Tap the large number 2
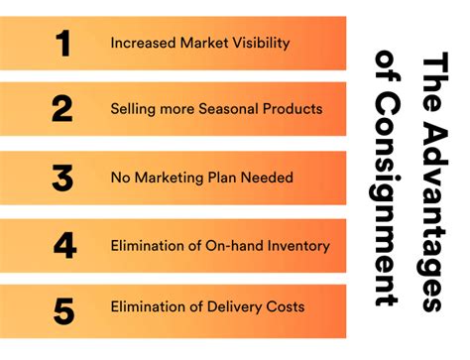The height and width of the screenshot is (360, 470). click(62, 109)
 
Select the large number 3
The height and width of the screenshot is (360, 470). click(62, 179)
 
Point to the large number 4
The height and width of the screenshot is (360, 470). click(63, 245)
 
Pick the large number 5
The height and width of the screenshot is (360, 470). click(63, 311)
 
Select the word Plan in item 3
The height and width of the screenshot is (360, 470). click(224, 179)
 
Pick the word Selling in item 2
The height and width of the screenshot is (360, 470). click(133, 109)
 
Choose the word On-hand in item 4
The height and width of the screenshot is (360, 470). click(230, 245)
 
